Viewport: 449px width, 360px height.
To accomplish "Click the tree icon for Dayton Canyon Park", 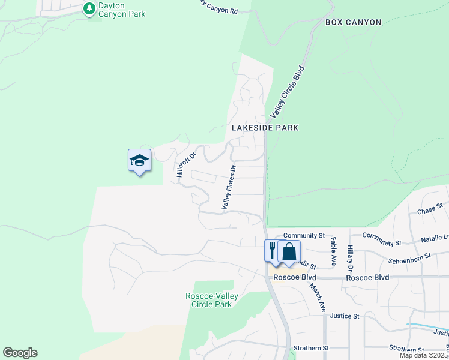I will (89, 8).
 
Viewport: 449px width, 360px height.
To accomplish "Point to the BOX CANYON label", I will (353, 22).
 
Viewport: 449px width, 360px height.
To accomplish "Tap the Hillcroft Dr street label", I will (187, 164).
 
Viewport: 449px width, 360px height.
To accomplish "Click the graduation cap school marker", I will (139, 161).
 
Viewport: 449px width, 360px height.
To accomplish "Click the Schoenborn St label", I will (410, 257).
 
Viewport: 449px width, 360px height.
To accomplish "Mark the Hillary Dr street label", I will (349, 256).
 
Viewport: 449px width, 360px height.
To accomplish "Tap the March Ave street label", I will (318, 298).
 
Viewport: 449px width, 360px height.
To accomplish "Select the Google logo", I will (20, 353).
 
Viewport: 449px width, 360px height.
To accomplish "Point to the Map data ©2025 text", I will (424, 355).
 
